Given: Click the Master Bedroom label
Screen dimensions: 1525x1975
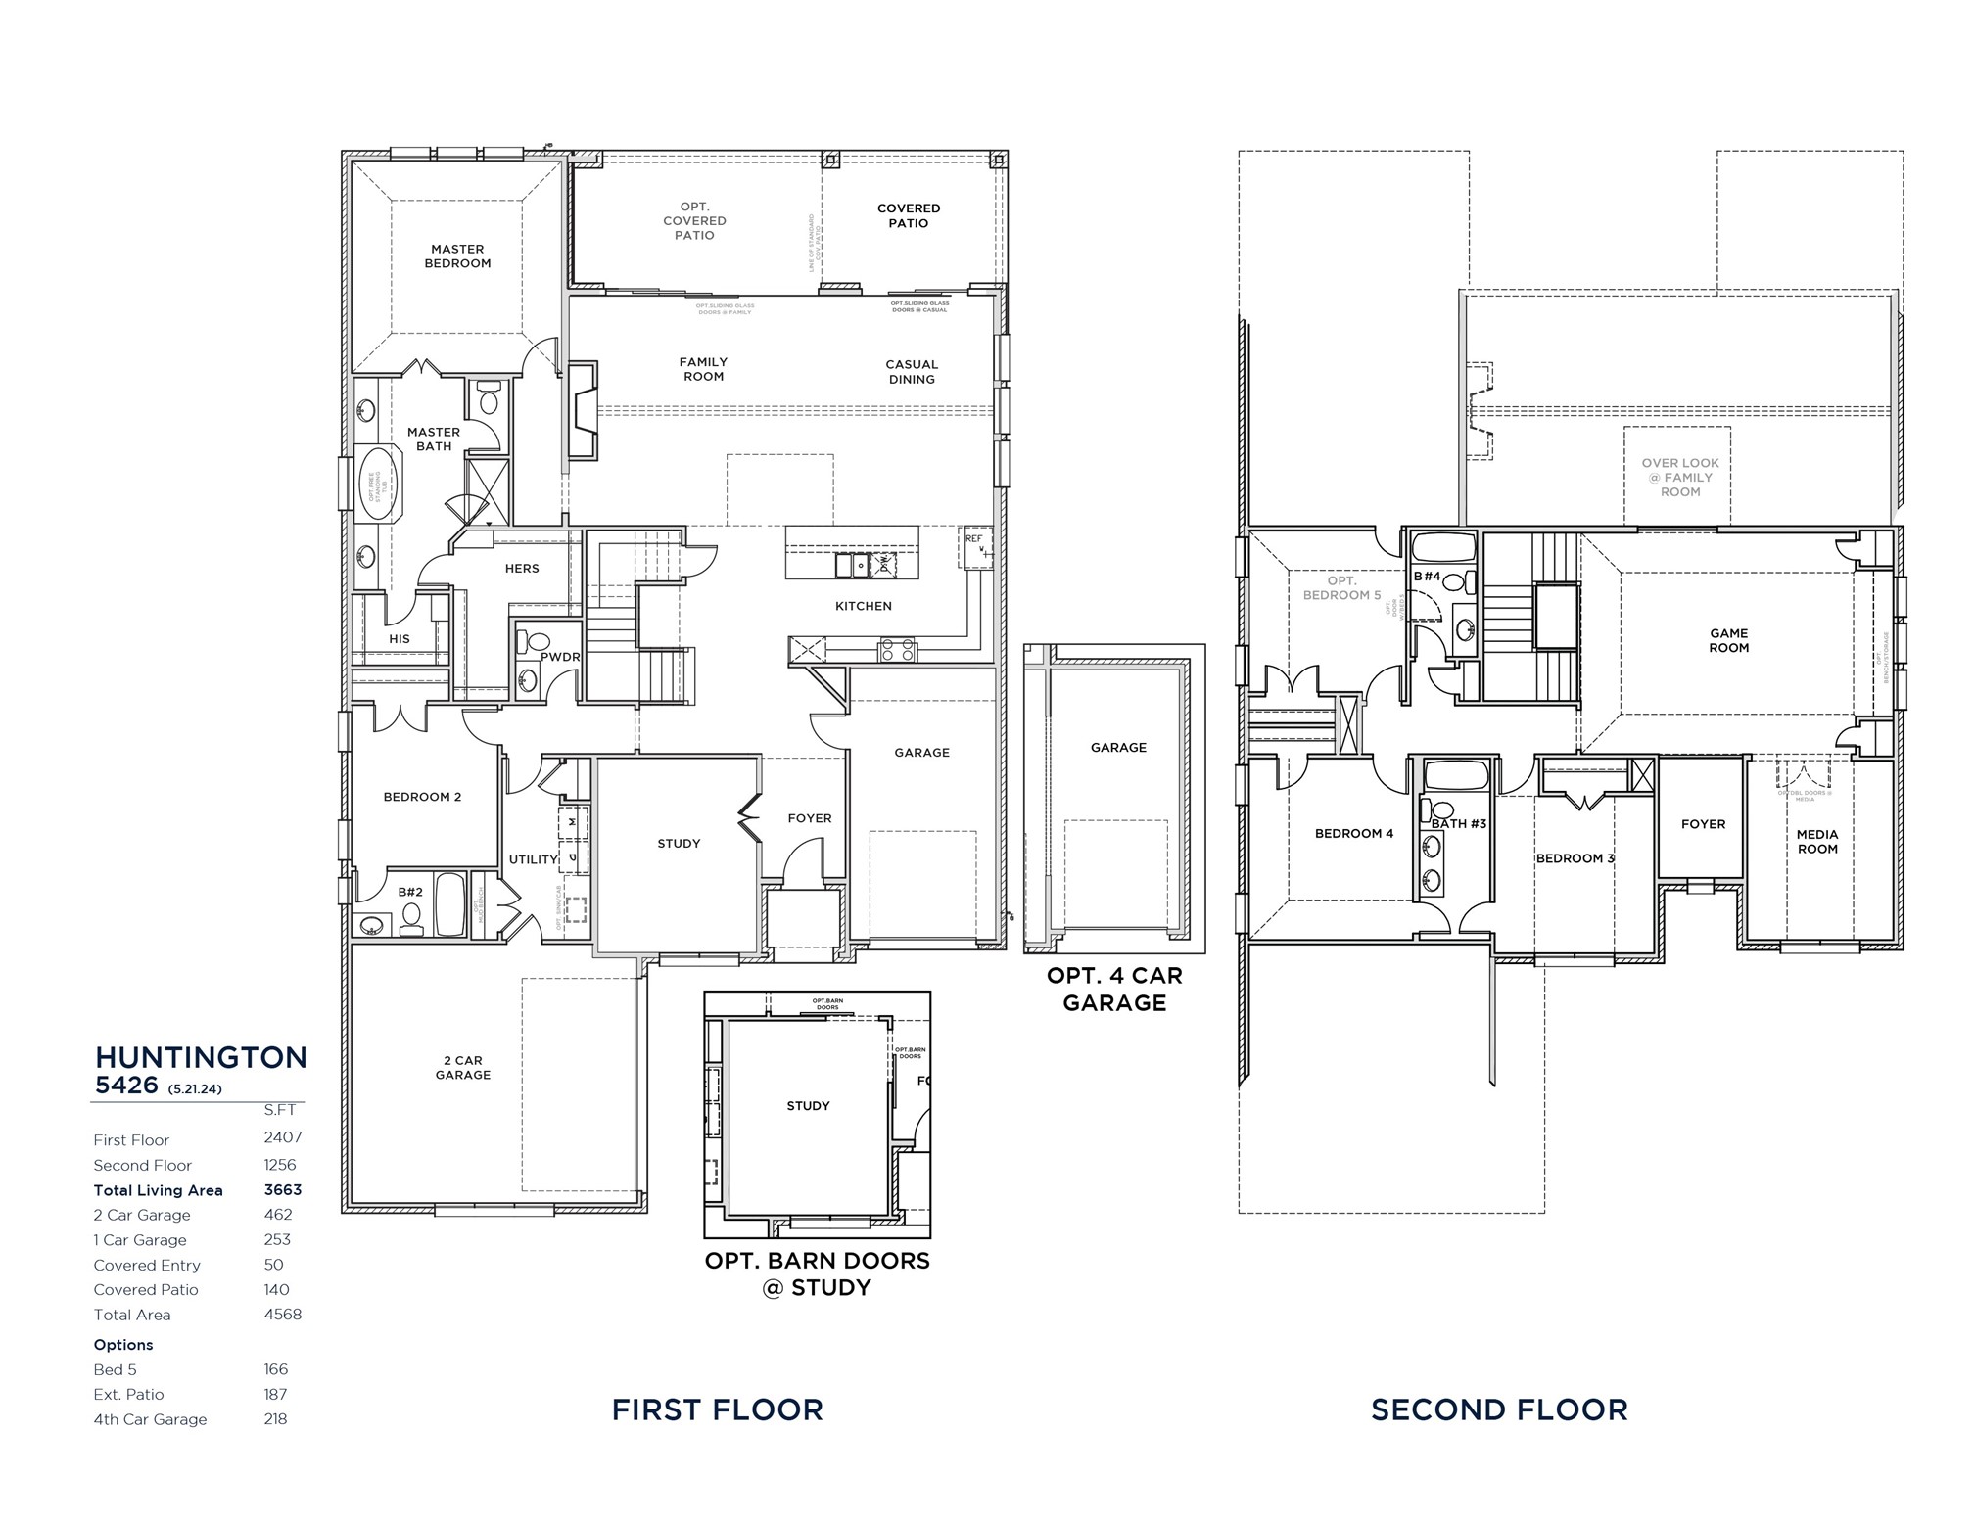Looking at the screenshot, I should point(457,256).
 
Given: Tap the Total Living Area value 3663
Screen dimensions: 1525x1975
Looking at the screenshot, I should point(282,1190).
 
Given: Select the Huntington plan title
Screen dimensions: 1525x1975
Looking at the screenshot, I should point(201,1057).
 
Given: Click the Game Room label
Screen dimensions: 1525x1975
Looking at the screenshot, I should point(1728,640).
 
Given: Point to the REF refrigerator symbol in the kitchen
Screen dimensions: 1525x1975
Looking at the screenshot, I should point(975,547).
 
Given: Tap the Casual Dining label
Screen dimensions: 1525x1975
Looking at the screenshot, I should point(911,372).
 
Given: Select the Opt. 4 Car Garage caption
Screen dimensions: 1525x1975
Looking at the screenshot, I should point(1114,989).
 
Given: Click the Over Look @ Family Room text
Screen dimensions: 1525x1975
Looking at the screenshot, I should point(1679,478).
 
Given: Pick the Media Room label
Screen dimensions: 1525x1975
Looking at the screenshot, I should point(1816,842).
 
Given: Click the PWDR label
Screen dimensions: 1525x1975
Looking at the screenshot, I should point(560,657).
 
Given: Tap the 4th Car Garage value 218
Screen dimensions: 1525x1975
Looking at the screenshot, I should point(275,1419).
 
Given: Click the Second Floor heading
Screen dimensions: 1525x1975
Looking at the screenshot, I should point(1498,1409).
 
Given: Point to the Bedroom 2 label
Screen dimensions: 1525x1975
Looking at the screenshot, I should point(422,797).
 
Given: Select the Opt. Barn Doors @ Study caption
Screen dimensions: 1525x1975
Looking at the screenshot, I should point(817,1273).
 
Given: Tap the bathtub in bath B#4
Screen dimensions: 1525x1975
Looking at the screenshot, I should point(1444,546).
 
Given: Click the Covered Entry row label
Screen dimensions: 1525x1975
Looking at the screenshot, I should point(147,1265).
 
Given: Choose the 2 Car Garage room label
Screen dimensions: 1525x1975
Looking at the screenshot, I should point(462,1068).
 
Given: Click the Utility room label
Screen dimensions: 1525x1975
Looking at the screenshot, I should point(533,859).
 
